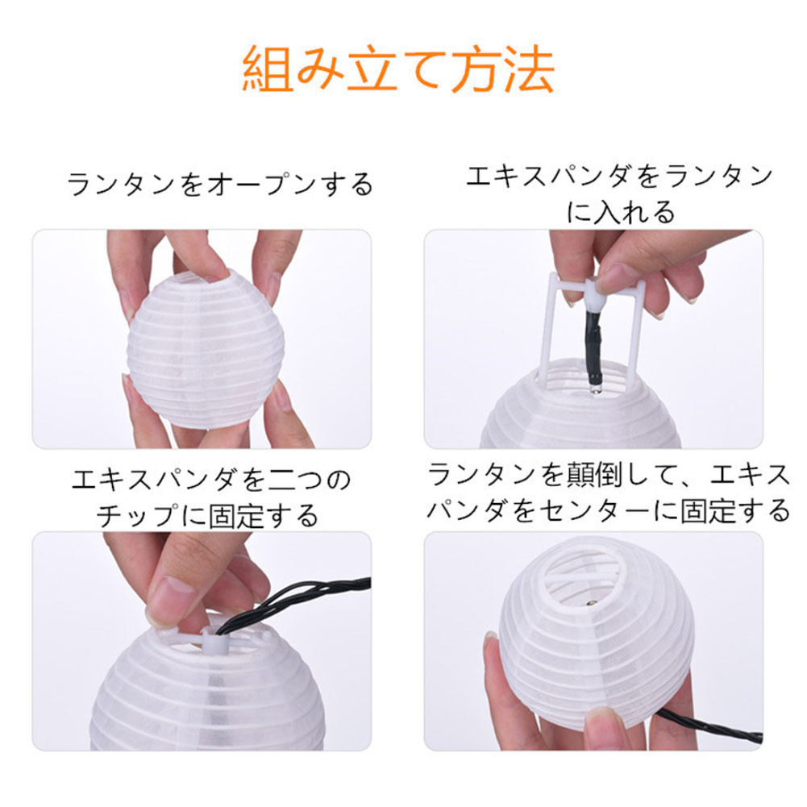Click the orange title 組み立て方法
coord(398,69)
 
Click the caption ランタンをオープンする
coord(220,185)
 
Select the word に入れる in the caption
coord(620,212)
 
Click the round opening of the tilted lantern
coord(587,581)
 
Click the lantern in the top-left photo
coord(206,348)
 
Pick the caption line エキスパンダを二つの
coord(211,479)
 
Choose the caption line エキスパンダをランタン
coord(620,176)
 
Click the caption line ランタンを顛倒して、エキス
coord(609,474)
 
